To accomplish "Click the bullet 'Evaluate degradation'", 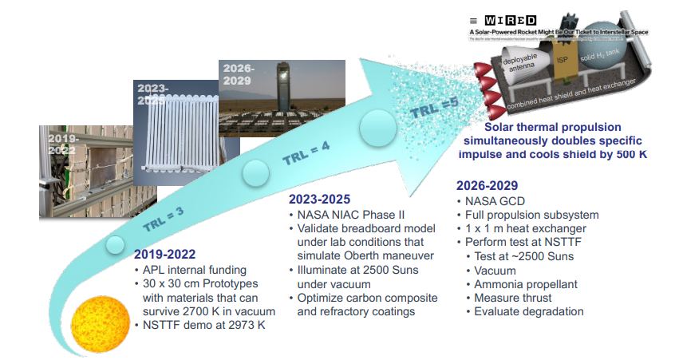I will [530, 311].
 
